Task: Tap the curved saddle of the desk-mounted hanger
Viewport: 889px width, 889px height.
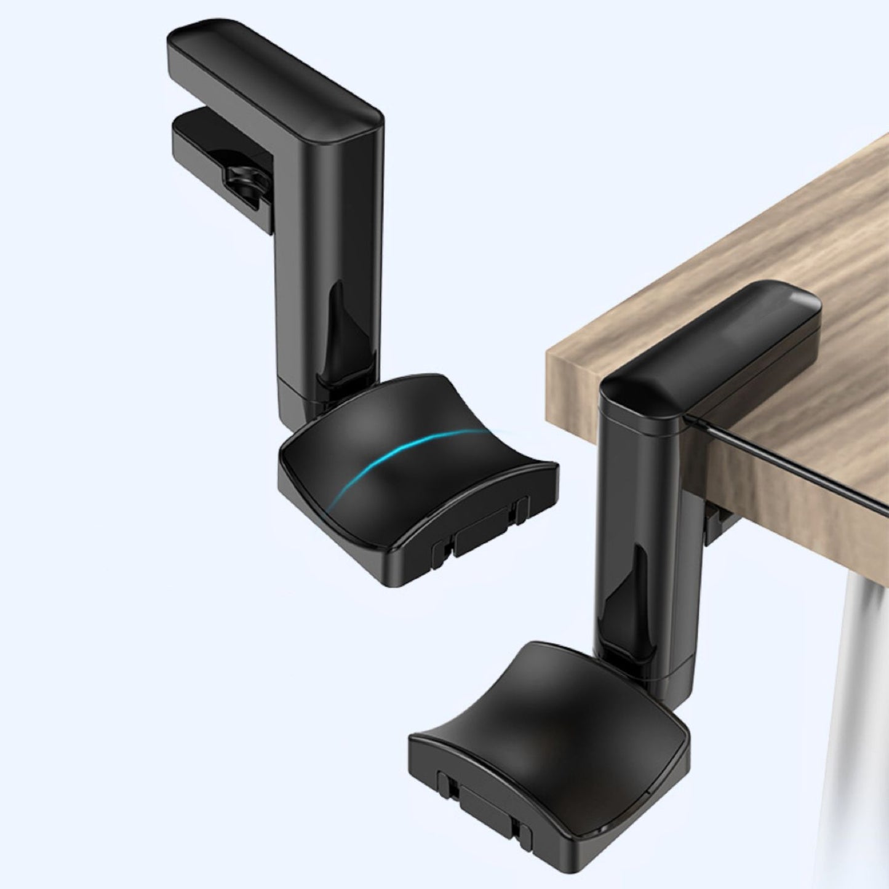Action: click(x=548, y=726)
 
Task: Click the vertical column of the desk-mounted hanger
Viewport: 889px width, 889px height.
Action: click(x=640, y=523)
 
